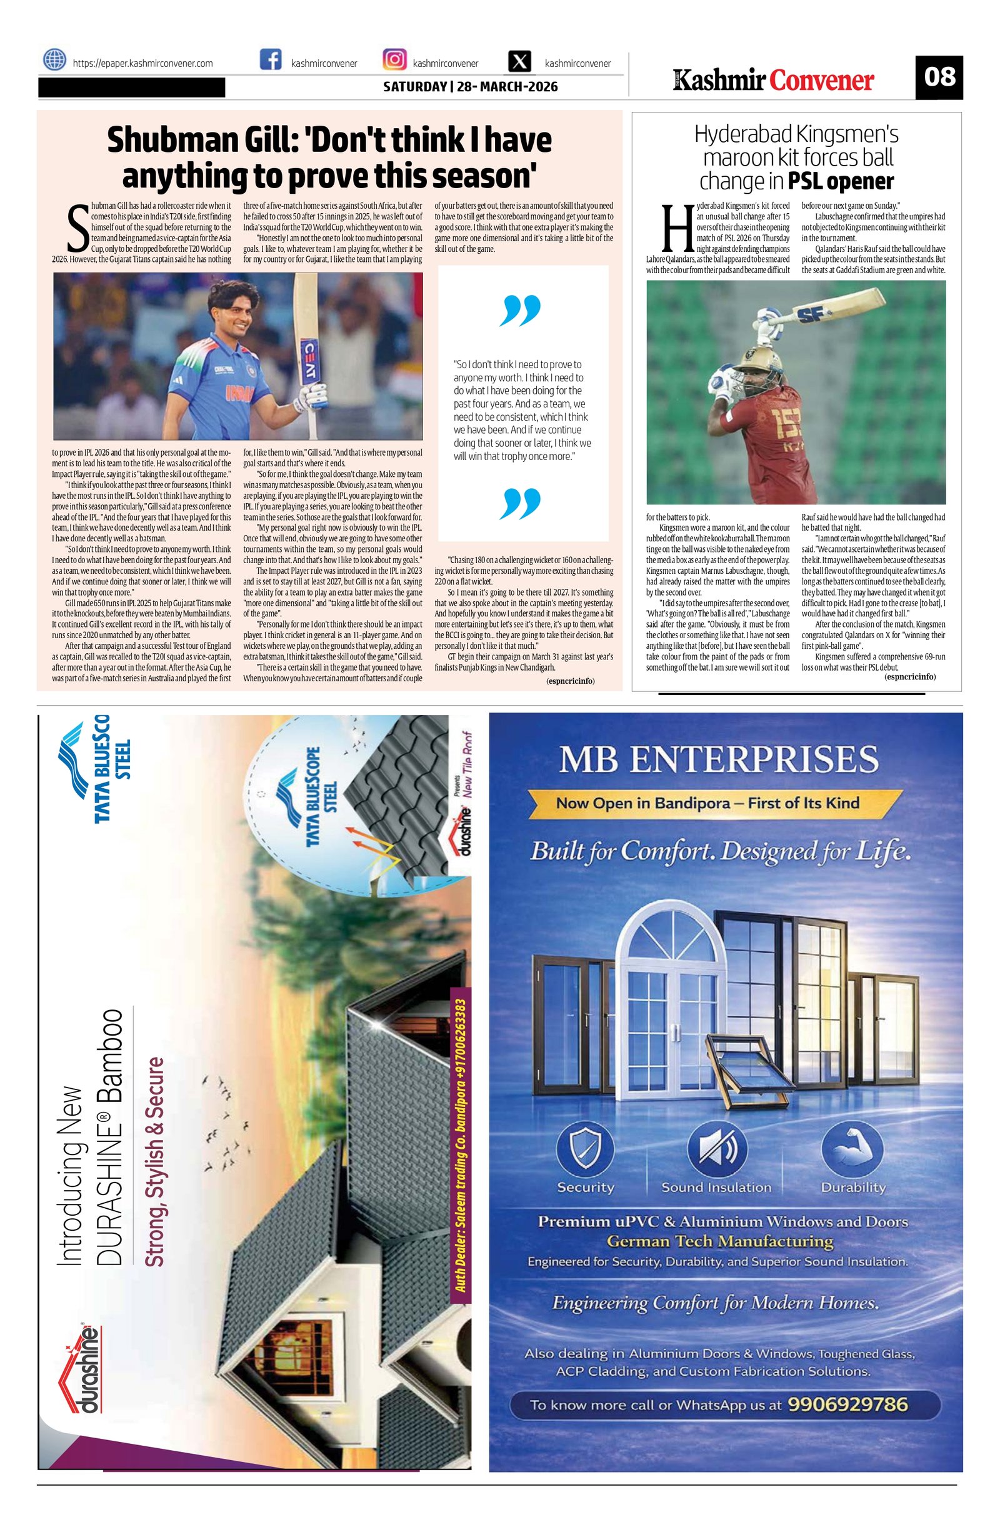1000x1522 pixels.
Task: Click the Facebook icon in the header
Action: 271,60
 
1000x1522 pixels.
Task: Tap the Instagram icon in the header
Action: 394,60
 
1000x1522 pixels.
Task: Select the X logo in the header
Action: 521,62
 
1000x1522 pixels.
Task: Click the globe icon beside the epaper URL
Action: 54,60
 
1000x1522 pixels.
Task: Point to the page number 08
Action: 939,78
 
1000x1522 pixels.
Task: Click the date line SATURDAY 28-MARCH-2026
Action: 470,86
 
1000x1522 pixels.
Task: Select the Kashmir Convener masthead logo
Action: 773,81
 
